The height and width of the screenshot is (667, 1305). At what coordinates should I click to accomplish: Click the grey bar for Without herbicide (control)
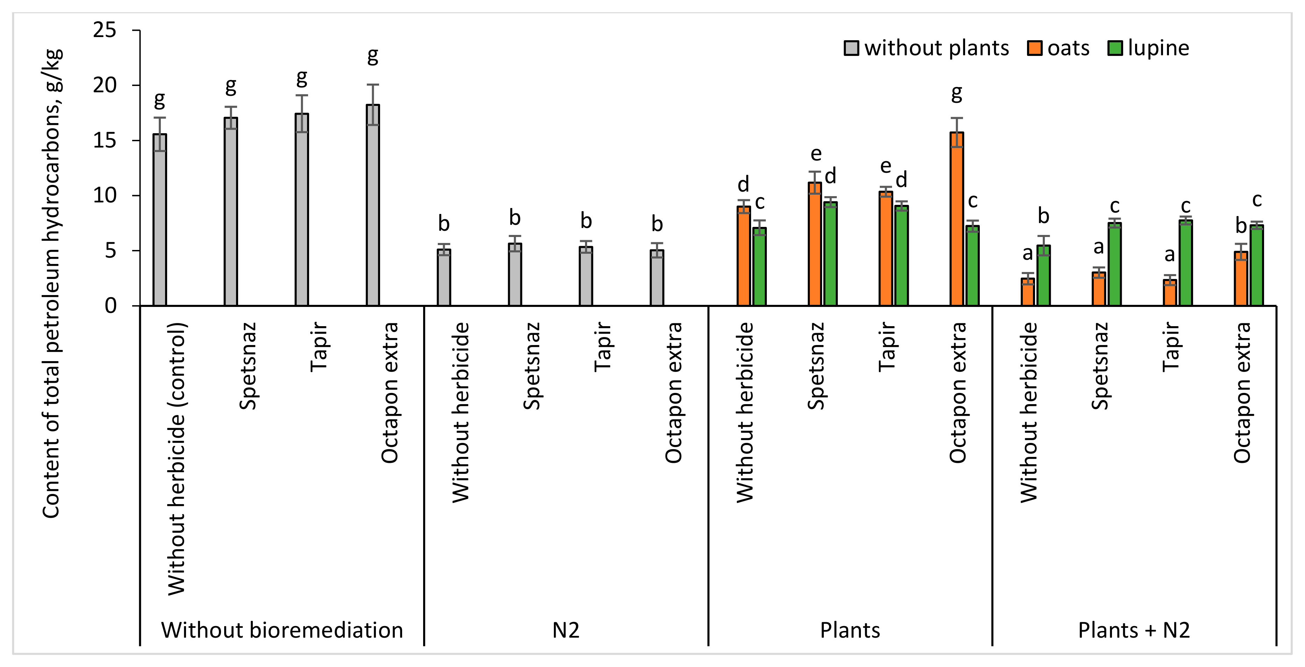[x=159, y=220]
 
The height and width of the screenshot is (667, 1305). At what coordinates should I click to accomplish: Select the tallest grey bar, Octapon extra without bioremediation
[x=373, y=205]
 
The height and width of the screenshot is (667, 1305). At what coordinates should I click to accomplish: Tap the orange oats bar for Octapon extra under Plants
[x=956, y=219]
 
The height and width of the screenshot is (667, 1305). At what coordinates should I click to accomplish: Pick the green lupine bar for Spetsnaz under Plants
[x=830, y=253]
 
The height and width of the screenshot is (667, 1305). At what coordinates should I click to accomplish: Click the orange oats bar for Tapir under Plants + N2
[x=1170, y=293]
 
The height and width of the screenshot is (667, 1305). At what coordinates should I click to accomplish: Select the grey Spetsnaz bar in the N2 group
[x=515, y=274]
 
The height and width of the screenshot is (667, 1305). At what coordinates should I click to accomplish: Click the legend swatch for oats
[x=1034, y=48]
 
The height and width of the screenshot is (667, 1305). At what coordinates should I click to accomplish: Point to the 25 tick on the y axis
[x=105, y=30]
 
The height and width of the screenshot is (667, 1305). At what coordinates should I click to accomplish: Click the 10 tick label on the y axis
[x=105, y=195]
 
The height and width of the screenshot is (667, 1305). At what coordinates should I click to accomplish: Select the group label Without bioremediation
[x=282, y=630]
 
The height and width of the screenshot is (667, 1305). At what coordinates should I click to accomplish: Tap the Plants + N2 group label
[x=1134, y=630]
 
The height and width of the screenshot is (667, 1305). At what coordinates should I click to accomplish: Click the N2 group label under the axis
[x=565, y=630]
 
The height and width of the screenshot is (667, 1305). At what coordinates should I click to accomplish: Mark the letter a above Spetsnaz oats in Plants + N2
[x=1098, y=247]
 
